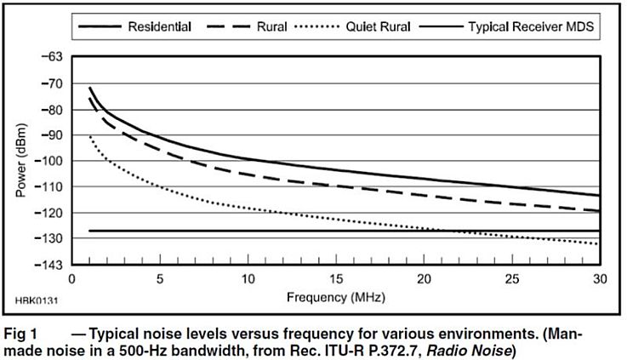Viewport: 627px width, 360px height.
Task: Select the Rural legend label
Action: pos(274,27)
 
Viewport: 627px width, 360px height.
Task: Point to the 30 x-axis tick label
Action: pos(599,280)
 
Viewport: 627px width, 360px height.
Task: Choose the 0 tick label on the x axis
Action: pos(73,280)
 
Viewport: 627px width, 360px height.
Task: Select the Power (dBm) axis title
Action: pos(21,161)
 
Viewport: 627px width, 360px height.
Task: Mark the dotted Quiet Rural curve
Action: pos(255,209)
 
